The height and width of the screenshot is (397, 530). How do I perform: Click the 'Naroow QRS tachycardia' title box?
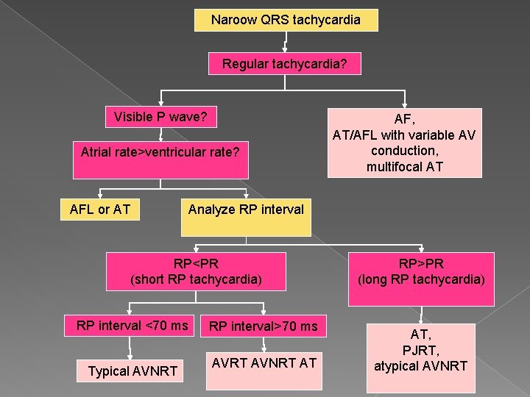286,20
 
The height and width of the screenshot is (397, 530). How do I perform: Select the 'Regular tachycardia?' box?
285,64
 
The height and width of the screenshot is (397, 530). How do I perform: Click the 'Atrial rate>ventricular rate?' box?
160,160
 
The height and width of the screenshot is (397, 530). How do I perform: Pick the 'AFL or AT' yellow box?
100,210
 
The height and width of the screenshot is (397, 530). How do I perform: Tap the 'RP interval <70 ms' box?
132,326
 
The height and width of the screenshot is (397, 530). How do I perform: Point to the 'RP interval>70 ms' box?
263,326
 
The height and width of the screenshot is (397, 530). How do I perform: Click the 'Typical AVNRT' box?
132,371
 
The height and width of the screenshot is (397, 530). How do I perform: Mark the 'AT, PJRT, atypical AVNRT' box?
421,349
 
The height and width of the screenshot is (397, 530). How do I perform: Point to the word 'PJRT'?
421,349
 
